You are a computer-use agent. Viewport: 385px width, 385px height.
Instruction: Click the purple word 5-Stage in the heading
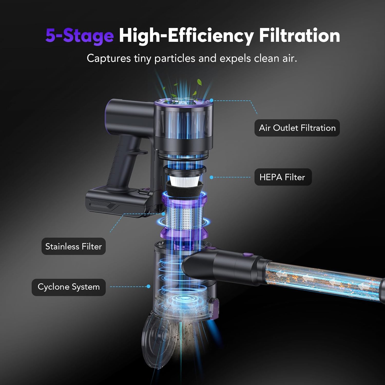coord(80,35)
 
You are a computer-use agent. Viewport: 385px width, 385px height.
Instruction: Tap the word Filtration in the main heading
coord(299,35)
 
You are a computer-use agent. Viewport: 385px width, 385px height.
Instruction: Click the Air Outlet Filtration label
coord(297,128)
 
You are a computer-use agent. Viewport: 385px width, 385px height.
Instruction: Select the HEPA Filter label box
coord(283,177)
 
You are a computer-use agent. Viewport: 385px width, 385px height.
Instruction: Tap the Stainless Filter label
coord(73,246)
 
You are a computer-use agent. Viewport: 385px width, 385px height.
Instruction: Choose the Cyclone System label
coord(69,287)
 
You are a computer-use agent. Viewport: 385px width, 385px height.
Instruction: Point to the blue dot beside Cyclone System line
coord(148,286)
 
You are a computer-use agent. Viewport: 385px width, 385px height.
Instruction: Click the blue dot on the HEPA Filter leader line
coord(211,177)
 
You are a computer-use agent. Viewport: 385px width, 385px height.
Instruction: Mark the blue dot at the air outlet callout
coord(211,100)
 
